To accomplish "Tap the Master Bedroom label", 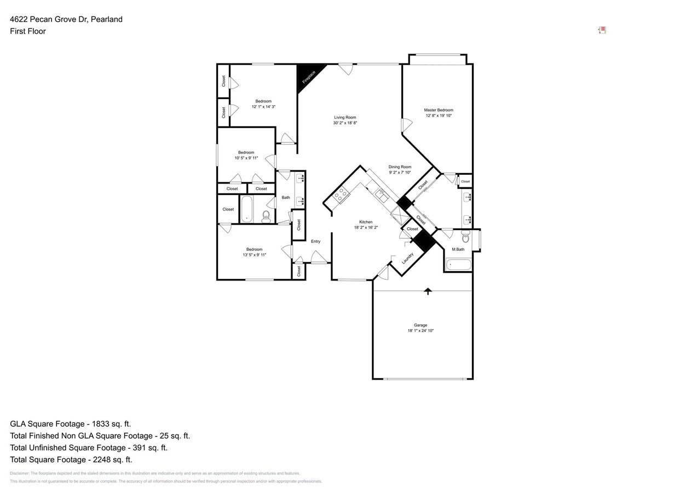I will click(x=439, y=110).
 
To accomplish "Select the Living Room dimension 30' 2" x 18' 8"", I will click(x=345, y=123).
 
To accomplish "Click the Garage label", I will click(x=420, y=325).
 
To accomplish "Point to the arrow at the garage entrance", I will click(x=428, y=291).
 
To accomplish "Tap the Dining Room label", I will click(x=400, y=167).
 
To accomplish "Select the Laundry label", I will click(x=407, y=258).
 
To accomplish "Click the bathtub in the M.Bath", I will click(x=458, y=265).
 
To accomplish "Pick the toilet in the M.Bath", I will click(x=465, y=237).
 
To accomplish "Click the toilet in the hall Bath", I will click(x=266, y=216).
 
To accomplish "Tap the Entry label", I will click(x=315, y=242).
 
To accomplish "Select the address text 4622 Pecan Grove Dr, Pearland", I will click(x=66, y=19).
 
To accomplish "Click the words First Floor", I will click(x=28, y=31).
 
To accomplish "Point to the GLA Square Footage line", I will click(x=71, y=424).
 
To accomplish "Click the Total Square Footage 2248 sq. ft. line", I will click(x=71, y=460).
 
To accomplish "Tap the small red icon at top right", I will click(x=602, y=30).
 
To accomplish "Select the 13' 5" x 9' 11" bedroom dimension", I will click(x=254, y=255).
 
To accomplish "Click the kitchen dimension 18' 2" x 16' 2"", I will click(x=366, y=227).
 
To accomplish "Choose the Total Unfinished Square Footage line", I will click(x=89, y=448).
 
